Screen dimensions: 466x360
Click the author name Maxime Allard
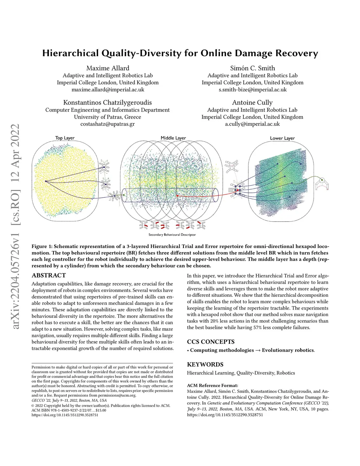(108, 68)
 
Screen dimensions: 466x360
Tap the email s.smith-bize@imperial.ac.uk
(252, 89)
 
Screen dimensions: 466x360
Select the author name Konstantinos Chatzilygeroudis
(108, 103)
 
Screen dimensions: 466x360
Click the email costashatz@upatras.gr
(108, 124)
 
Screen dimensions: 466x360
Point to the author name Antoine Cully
(252, 103)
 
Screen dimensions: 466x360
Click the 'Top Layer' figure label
(65, 138)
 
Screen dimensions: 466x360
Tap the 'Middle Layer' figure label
(173, 138)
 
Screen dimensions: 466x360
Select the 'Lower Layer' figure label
(282, 138)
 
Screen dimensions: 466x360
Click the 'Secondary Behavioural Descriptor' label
(172, 235)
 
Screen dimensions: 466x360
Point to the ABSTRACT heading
(49, 275)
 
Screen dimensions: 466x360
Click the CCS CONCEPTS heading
(211, 342)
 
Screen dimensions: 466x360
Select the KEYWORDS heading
(205, 365)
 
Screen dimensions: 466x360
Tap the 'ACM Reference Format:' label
(212, 385)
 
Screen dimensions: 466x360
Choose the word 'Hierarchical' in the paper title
(70, 53)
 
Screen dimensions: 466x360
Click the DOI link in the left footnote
(65, 415)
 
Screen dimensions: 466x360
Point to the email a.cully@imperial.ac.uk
(252, 124)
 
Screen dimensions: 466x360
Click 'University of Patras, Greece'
(108, 117)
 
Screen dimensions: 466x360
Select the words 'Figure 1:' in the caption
(42, 247)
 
